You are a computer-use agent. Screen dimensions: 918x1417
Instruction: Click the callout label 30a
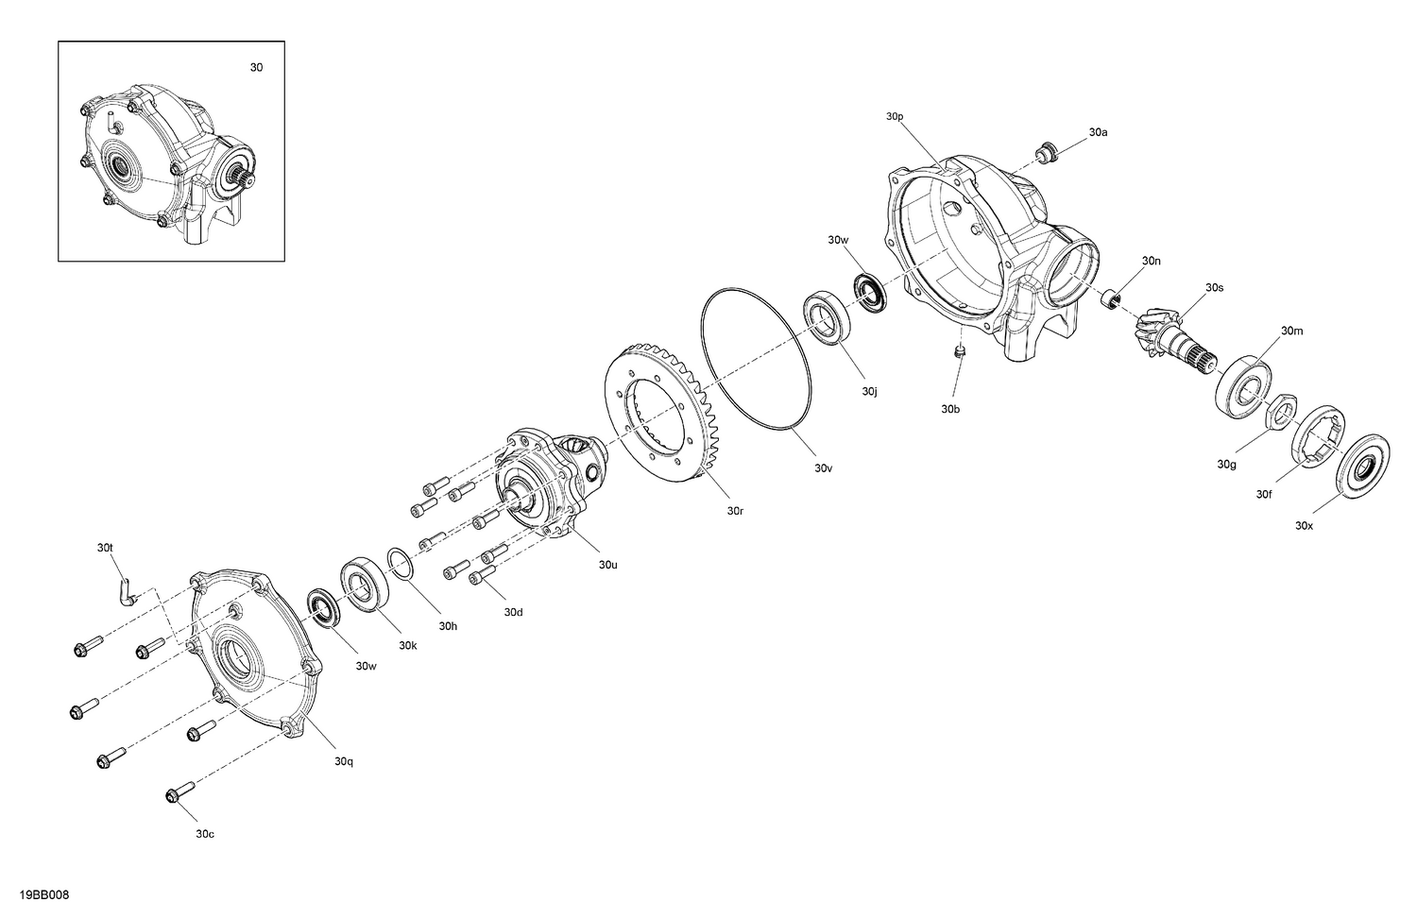click(1098, 133)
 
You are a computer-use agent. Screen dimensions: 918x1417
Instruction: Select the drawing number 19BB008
click(43, 894)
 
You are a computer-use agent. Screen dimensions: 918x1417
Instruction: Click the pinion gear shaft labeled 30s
click(1170, 336)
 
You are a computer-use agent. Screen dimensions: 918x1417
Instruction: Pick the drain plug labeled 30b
click(959, 353)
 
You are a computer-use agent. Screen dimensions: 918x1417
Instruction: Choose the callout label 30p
click(895, 116)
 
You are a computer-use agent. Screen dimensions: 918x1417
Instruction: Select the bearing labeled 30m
click(1244, 386)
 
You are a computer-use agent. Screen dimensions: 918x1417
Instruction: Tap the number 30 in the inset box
click(256, 68)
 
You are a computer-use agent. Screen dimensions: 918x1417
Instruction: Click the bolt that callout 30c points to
click(179, 794)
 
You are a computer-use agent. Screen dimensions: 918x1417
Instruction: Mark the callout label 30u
click(607, 565)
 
